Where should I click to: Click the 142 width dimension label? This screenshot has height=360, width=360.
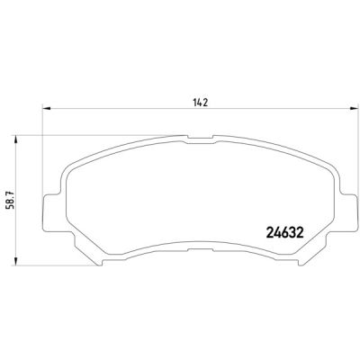(201, 103)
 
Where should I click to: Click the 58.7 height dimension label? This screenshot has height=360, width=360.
(12, 199)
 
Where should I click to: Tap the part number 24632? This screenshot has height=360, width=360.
(285, 232)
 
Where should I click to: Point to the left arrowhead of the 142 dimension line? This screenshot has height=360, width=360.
(46, 108)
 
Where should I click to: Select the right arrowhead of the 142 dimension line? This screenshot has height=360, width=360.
(354, 108)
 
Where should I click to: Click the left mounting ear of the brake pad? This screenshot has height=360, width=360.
(51, 213)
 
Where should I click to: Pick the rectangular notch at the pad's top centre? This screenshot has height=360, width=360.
(200, 139)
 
